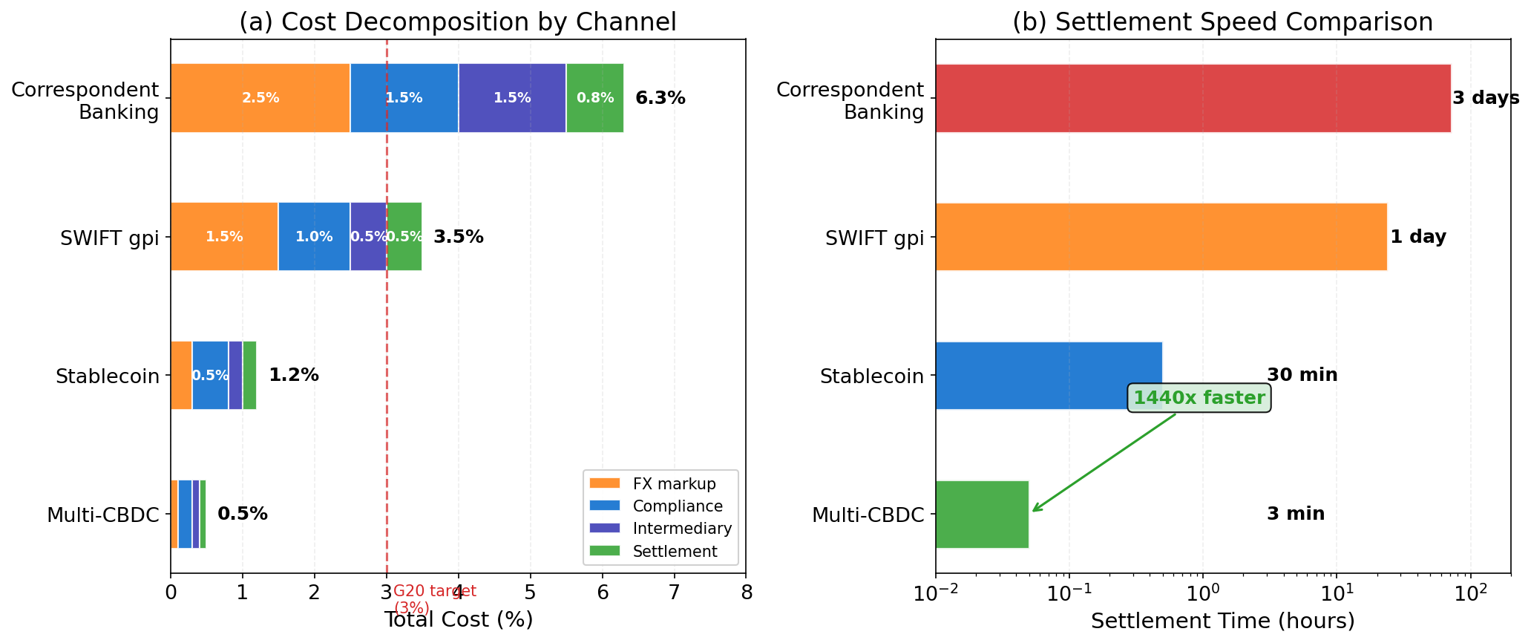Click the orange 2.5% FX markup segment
[x=260, y=98]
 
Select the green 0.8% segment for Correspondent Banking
[x=594, y=98]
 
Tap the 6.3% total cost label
[x=660, y=98]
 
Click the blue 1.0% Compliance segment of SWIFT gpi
[x=313, y=237]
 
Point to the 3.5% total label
[x=458, y=237]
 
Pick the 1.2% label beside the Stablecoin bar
[x=293, y=375]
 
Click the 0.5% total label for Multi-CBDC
[x=242, y=514]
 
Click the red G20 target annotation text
[x=434, y=598]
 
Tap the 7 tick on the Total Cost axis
[x=674, y=593]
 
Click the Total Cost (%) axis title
[x=458, y=620]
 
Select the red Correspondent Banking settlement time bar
[x=1193, y=98]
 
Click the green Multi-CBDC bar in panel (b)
[x=982, y=514]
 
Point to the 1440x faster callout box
[x=1199, y=398]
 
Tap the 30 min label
[x=1302, y=375]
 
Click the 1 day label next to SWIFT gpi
[x=1417, y=237]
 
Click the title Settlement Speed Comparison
[x=1222, y=22]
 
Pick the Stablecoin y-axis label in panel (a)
[x=108, y=376]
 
